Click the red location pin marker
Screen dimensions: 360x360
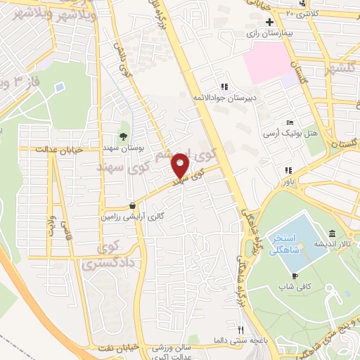coord(181,165)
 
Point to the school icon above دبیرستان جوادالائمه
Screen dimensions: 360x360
coord(224,87)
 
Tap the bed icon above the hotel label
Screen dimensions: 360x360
coord(290,122)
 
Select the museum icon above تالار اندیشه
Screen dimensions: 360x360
coord(332,234)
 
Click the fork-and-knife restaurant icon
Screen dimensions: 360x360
coord(240,329)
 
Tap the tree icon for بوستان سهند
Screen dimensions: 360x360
coord(124,136)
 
